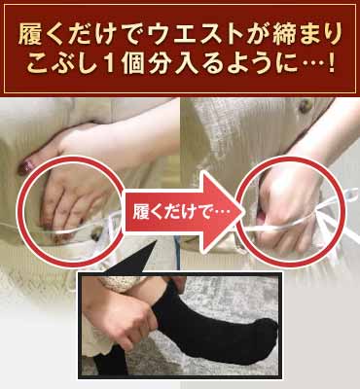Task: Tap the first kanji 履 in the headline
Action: (32, 35)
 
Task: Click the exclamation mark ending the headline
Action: (331, 64)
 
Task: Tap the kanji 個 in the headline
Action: (132, 64)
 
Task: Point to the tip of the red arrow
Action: (243, 212)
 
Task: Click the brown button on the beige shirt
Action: (306, 107)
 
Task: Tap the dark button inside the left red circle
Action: (95, 234)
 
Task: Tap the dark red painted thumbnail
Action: (23, 165)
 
